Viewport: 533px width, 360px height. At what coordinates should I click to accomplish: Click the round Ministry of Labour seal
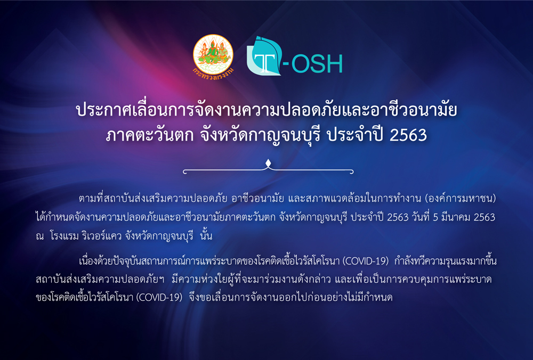213,55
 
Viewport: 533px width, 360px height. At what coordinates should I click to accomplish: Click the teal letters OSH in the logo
317,64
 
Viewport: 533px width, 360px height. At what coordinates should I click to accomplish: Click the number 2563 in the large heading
408,135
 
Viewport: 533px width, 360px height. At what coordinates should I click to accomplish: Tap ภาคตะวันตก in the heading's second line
150,135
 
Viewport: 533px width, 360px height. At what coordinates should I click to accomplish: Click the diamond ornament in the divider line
268,163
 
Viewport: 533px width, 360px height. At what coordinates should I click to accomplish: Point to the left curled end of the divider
184,171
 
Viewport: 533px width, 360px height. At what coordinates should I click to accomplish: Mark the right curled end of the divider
351,171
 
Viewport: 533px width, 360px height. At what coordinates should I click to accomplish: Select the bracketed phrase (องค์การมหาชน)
461,199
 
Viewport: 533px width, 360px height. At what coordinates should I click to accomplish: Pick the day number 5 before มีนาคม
435,218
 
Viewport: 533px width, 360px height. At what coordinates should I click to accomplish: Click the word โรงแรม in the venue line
64,236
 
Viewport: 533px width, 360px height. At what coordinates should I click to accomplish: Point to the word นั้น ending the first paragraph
206,235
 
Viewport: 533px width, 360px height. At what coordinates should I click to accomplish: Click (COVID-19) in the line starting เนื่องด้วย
366,261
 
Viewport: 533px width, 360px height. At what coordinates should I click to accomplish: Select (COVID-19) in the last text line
159,298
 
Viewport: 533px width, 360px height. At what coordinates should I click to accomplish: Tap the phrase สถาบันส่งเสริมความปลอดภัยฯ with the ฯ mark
100,280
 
